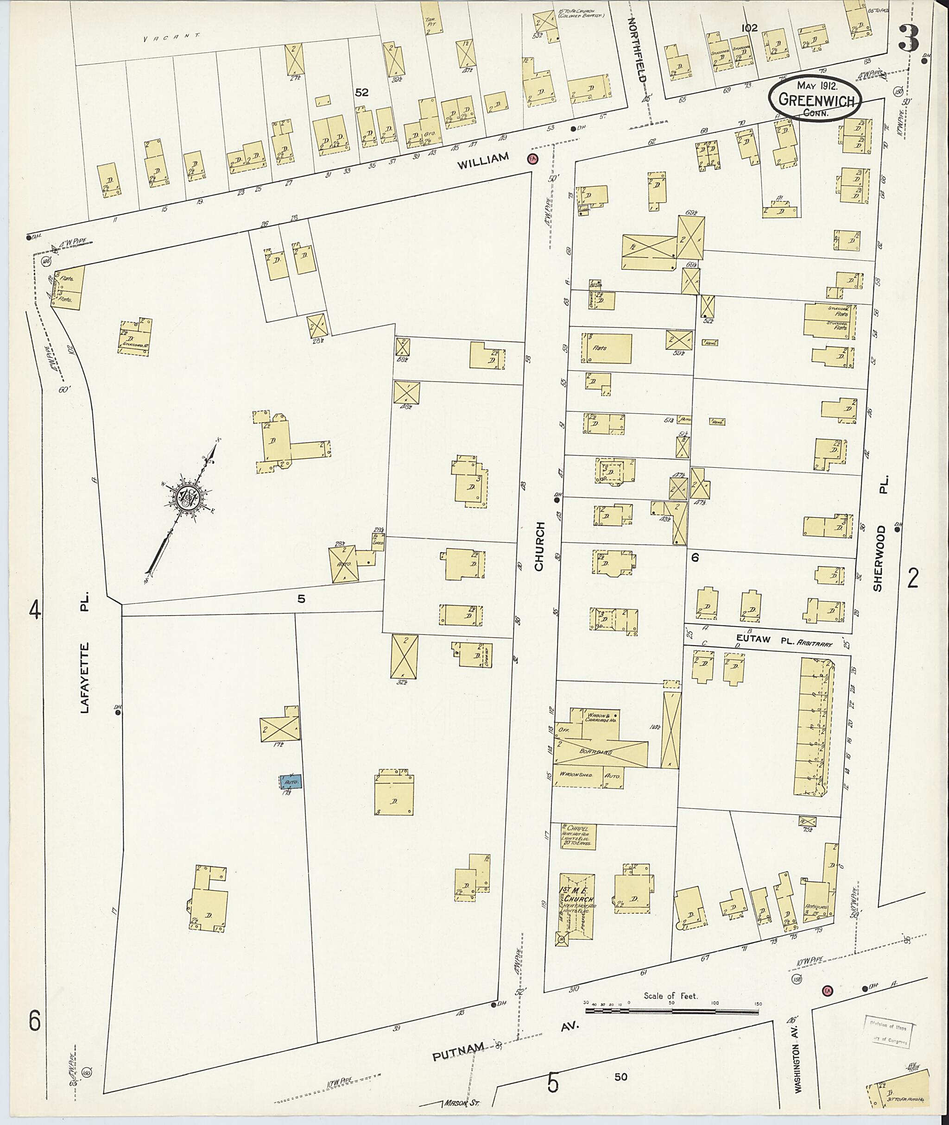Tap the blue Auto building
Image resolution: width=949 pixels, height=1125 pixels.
coord(291,781)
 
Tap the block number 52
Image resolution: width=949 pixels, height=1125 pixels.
coord(361,93)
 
